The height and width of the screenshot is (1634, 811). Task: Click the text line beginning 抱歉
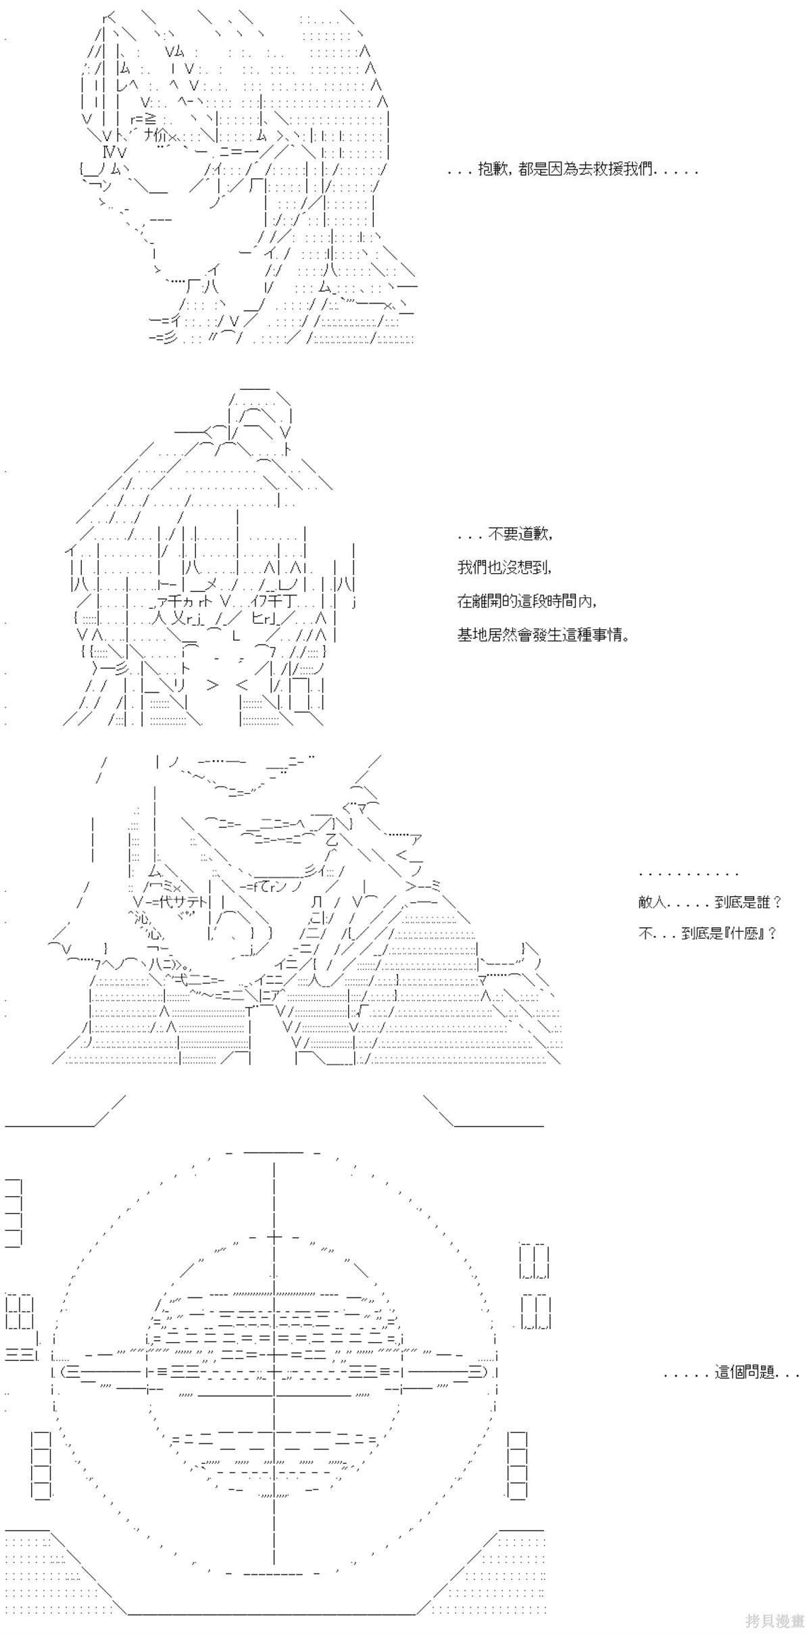pos(572,170)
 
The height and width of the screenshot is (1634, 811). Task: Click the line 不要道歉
pos(506,534)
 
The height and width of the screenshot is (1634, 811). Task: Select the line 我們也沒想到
pos(505,568)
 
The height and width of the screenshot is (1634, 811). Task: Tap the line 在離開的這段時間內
pos(527,601)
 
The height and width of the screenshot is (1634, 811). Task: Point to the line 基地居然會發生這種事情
pos(543,635)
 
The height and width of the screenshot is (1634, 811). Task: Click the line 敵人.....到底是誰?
pos(710,902)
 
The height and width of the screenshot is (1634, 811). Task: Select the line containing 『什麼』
pos(707,933)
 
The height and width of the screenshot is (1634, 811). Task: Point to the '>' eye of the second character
pos(213,685)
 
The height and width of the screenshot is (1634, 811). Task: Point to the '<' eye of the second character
pos(243,685)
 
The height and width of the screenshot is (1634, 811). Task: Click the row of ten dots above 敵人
pos(688,874)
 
